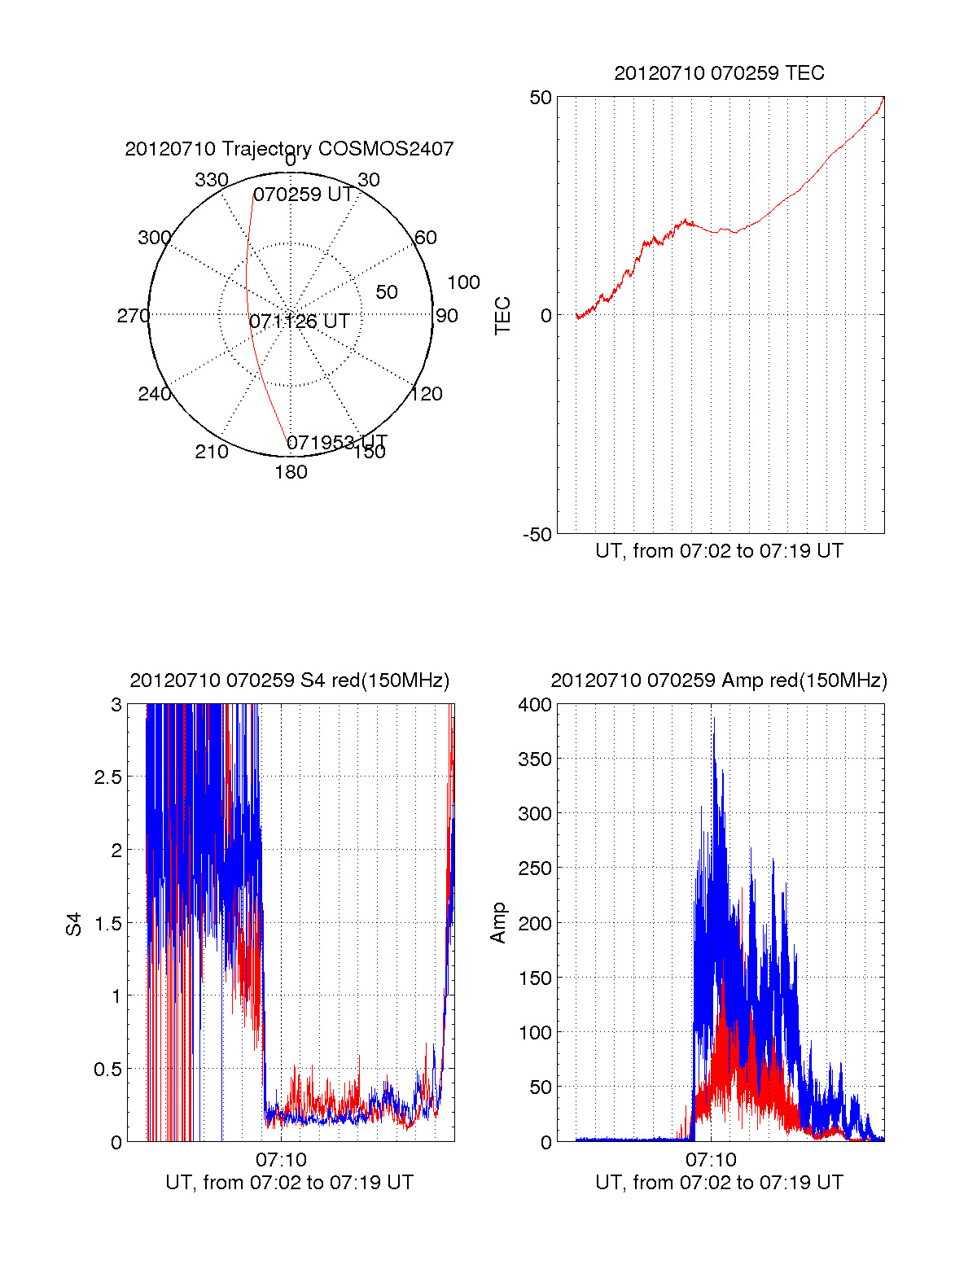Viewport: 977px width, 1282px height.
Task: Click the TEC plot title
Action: [x=719, y=73]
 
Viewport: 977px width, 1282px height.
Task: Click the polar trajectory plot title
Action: [x=289, y=149]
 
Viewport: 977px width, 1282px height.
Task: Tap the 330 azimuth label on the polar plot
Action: [x=212, y=179]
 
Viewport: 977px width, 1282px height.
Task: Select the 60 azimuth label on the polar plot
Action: [x=425, y=237]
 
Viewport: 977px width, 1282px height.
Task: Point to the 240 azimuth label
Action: [x=155, y=394]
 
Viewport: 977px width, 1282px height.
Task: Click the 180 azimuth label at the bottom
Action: [x=291, y=472]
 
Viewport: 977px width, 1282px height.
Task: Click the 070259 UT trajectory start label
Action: [x=303, y=194]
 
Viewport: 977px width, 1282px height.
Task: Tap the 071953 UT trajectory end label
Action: [x=337, y=442]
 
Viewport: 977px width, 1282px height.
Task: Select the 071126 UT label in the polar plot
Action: [x=299, y=322]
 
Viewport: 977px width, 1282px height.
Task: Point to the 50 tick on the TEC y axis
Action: [x=540, y=98]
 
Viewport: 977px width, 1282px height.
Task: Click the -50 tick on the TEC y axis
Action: [x=537, y=535]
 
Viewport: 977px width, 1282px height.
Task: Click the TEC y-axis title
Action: [x=502, y=315]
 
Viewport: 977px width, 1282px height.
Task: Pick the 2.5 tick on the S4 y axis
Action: [x=107, y=777]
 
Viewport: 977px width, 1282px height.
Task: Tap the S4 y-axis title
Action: [x=73, y=925]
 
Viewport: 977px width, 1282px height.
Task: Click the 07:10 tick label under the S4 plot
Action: [x=281, y=1159]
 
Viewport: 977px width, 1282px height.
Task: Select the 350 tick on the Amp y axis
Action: [x=534, y=759]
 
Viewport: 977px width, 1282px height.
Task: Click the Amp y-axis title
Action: [x=497, y=923]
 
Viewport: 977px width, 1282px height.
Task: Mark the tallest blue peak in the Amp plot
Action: [x=714, y=719]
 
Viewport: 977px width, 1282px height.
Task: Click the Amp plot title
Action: [x=719, y=680]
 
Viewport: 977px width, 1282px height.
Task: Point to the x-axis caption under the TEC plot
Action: [x=719, y=551]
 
